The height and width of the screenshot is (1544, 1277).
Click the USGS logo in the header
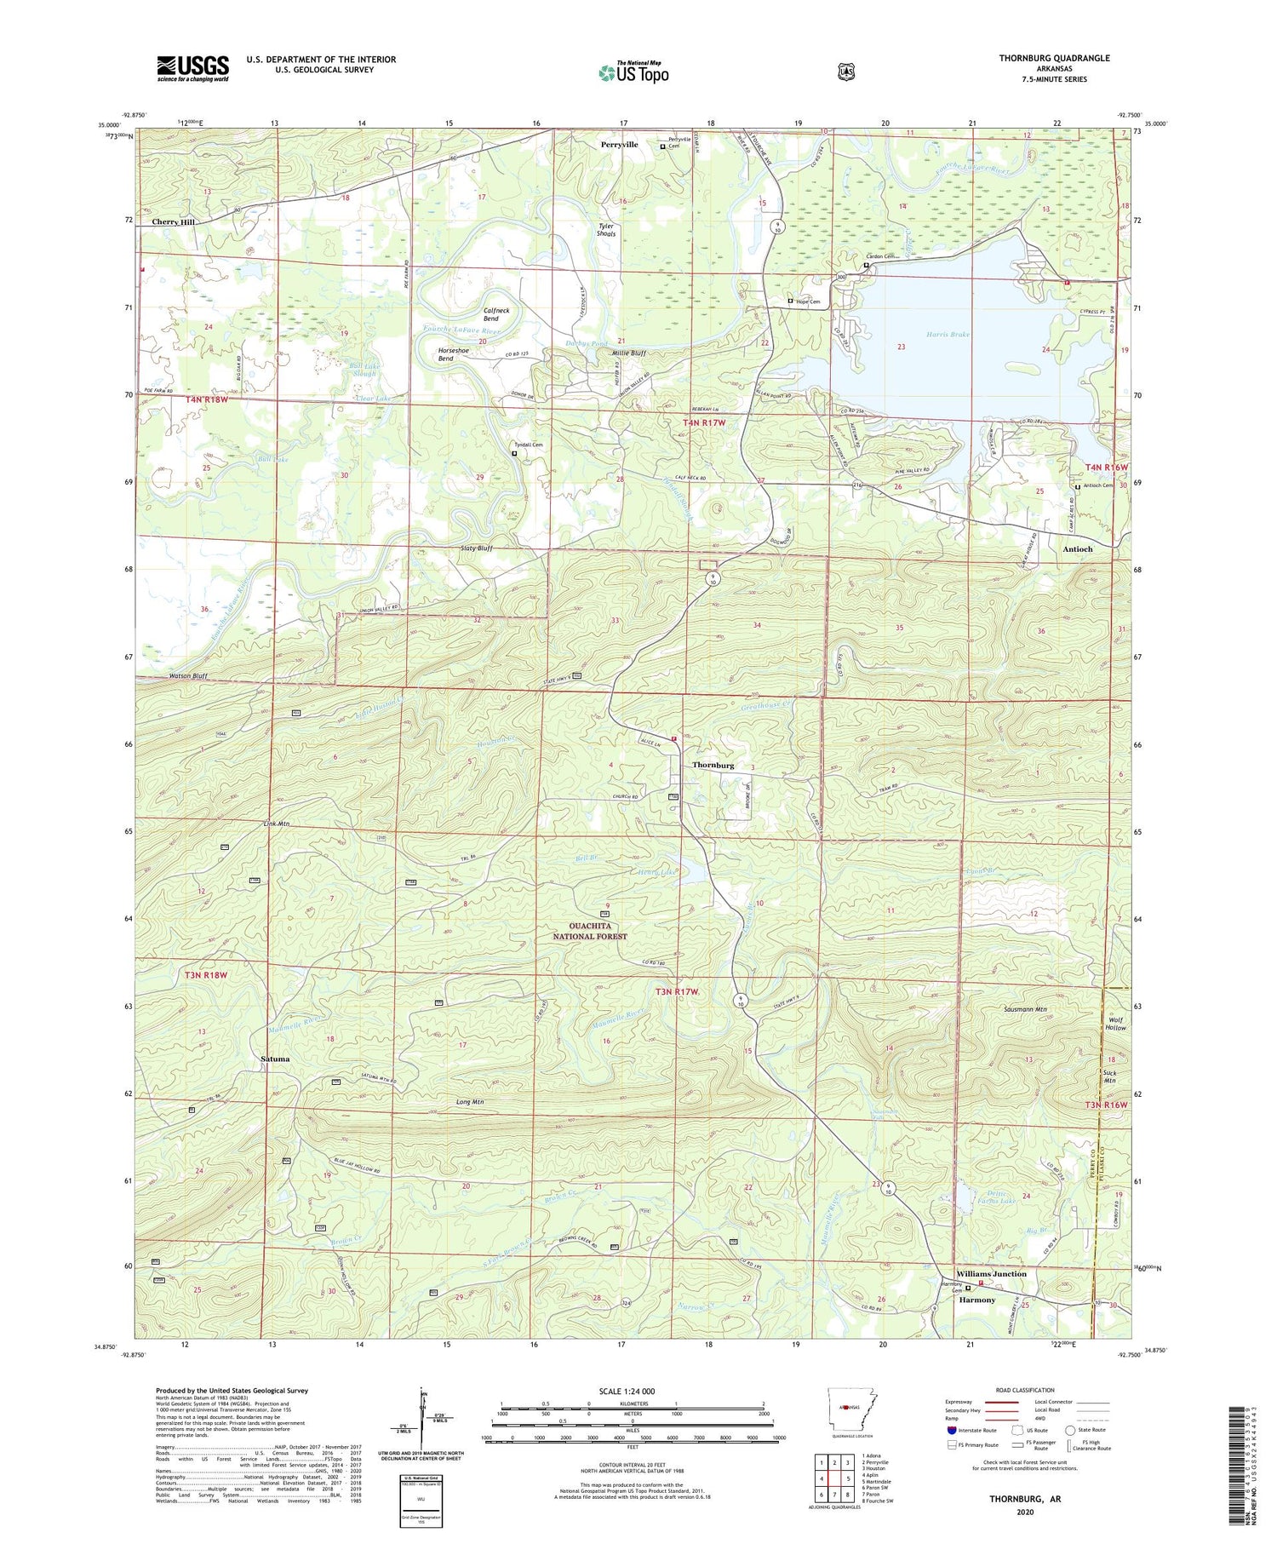(x=192, y=68)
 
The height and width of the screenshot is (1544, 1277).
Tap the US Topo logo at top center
(x=633, y=72)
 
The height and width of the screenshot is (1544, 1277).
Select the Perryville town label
(x=619, y=145)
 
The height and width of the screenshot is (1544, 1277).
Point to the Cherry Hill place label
(x=174, y=222)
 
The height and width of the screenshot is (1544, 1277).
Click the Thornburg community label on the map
(x=713, y=766)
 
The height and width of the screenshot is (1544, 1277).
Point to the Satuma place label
(x=275, y=1059)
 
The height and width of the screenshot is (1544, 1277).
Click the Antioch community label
(x=1077, y=549)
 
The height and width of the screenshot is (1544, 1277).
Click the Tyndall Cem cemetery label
(x=527, y=445)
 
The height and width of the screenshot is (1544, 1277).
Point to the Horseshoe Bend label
(x=457, y=354)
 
